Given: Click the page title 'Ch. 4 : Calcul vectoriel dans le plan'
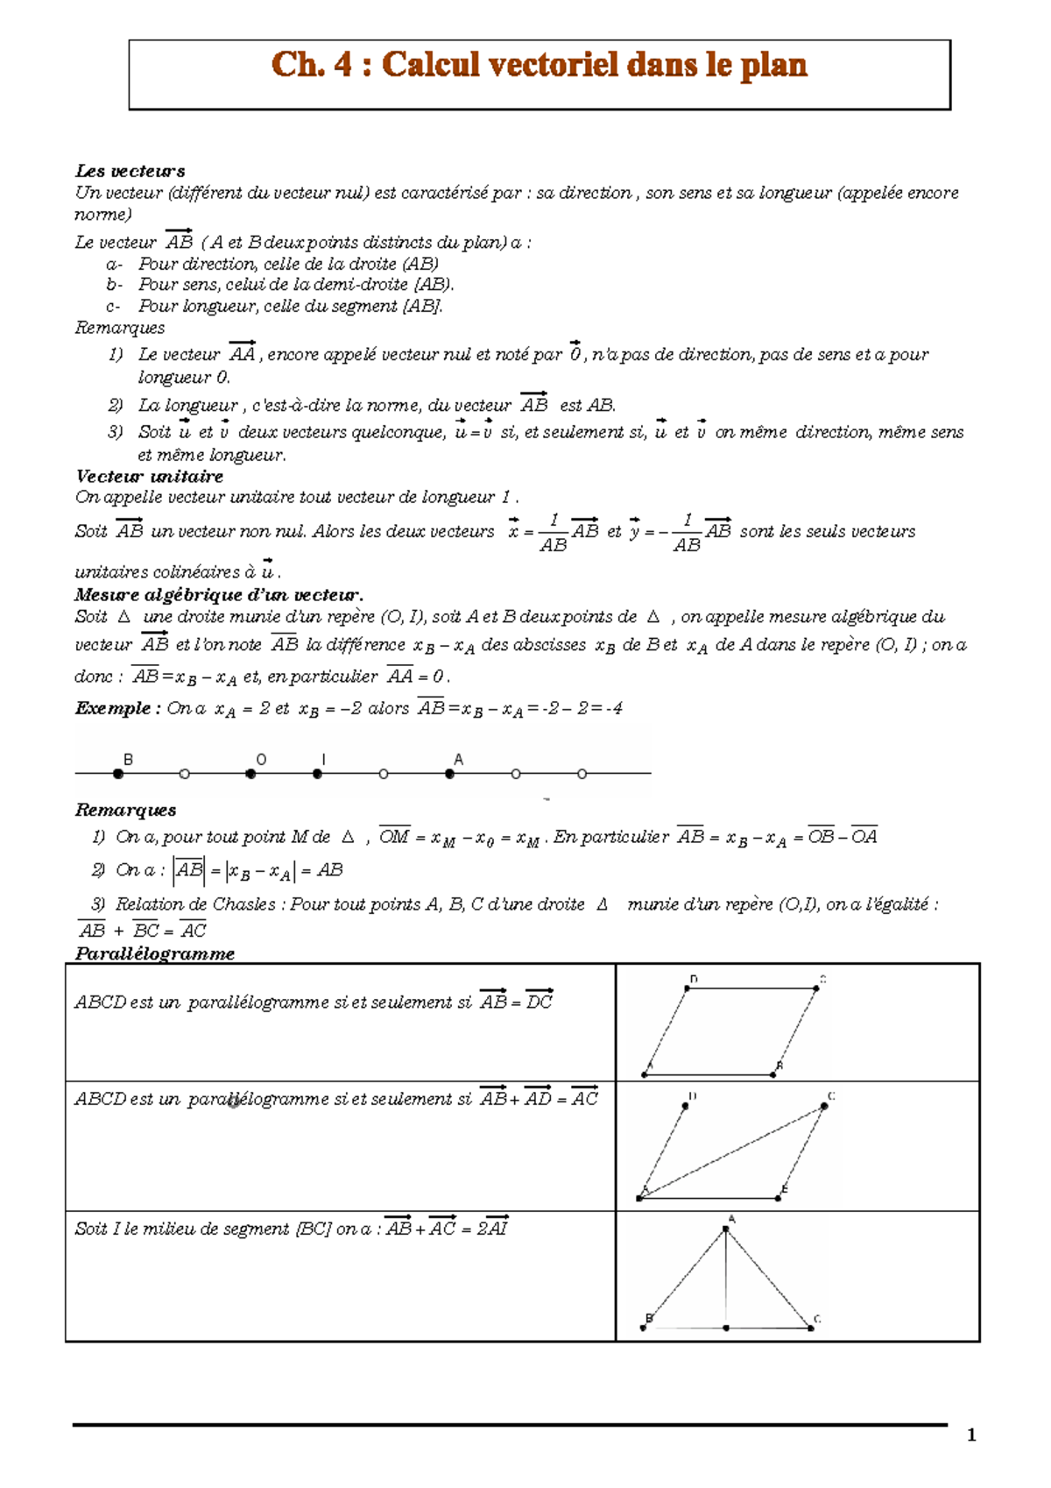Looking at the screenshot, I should click(540, 65).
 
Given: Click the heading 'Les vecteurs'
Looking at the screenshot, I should click(130, 171).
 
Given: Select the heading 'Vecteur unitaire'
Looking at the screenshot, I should click(149, 477).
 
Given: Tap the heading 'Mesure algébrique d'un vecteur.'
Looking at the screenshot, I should click(218, 595).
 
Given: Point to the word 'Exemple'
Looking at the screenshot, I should click(113, 708).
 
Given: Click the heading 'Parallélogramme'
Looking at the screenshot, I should click(154, 953).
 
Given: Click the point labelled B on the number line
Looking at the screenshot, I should click(118, 774).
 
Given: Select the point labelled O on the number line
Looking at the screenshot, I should click(251, 774).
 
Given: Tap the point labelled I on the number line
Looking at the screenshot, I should click(317, 774).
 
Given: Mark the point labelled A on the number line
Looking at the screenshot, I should click(449, 774).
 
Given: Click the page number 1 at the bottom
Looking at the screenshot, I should click(970, 1435).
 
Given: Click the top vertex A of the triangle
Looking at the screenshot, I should click(726, 1229).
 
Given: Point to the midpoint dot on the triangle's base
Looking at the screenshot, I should click(726, 1329).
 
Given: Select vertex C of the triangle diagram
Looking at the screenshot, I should click(811, 1329).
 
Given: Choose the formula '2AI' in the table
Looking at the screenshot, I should click(492, 1229).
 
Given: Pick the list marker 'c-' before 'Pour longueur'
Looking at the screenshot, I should click(114, 307).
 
